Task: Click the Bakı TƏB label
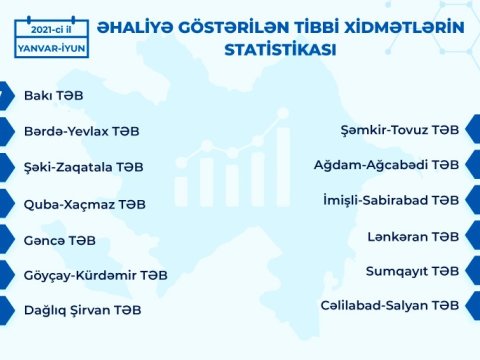pyautogui.click(x=53, y=97)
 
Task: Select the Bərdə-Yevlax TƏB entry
pyautogui.click(x=81, y=131)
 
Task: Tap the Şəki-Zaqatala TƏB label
pyautogui.click(x=84, y=167)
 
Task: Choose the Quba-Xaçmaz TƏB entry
pyautogui.click(x=84, y=203)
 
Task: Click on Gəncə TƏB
pyautogui.click(x=60, y=239)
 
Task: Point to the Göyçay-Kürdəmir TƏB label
pyautogui.click(x=95, y=274)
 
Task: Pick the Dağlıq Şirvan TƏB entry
pyautogui.click(x=82, y=310)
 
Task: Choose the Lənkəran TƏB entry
pyautogui.click(x=421, y=236)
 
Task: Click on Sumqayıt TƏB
pyautogui.click(x=418, y=271)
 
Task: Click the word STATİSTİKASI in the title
pyautogui.click(x=280, y=48)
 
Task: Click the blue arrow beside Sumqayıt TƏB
pyautogui.click(x=472, y=271)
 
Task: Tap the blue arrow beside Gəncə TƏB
pyautogui.click(x=6, y=239)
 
